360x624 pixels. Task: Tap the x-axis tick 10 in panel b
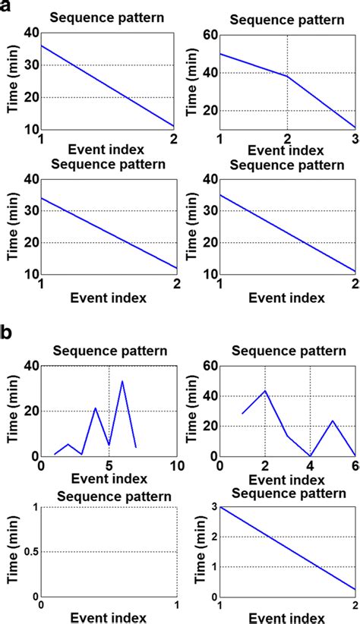[176, 465]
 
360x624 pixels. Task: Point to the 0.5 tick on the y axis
[27, 552]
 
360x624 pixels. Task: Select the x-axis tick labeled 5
[109, 465]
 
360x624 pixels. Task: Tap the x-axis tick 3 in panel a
[355, 138]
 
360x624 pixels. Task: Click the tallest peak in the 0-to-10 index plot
[122, 381]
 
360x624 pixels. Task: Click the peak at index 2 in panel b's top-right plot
[265, 391]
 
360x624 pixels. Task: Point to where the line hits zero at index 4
[310, 455]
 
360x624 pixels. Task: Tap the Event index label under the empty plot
[109, 617]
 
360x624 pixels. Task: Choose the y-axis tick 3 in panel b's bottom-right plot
[210, 507]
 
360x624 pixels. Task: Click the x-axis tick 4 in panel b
[310, 465]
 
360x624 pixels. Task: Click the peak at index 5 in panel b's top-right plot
[333, 421]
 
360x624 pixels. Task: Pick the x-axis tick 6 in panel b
[355, 465]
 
